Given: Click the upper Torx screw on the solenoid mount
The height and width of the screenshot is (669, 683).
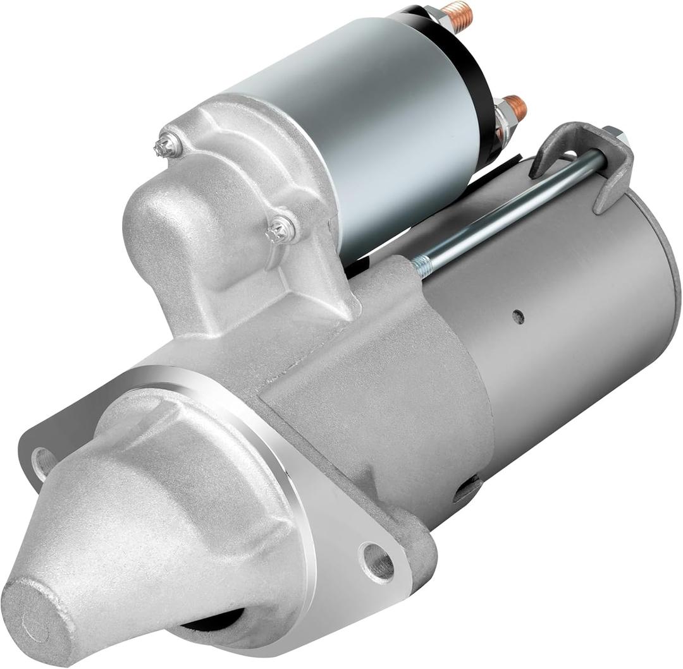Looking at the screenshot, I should (168, 147).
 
